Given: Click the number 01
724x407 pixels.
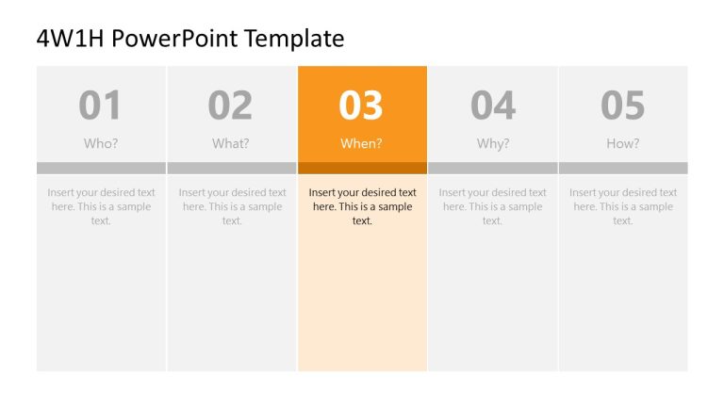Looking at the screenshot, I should coord(100,106).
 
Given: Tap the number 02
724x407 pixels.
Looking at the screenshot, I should coord(231,106).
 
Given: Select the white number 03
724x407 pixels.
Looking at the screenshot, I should coord(361,106).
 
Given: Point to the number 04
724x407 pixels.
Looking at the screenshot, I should coord(492,106).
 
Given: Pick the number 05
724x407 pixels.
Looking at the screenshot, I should coord(622,106).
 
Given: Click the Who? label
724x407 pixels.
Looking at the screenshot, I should coord(101,144).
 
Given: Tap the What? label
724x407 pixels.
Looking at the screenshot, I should coord(231,144).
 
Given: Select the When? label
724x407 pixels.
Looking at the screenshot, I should coord(362,144).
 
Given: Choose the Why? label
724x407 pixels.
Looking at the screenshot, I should coord(492,144).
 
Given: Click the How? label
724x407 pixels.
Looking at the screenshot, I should coord(622,144).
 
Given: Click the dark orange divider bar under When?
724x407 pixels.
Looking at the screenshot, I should coord(362,168).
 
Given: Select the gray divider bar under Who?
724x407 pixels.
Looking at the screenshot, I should coord(101,168).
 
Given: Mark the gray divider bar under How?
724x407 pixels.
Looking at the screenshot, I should coord(622,168).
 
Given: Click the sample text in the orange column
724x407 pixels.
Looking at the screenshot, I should coord(362,206).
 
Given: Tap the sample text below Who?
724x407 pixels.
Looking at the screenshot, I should coord(101,206).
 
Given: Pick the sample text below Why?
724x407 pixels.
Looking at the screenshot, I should coord(492,206).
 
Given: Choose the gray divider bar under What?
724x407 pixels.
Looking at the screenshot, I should coord(231,168).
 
